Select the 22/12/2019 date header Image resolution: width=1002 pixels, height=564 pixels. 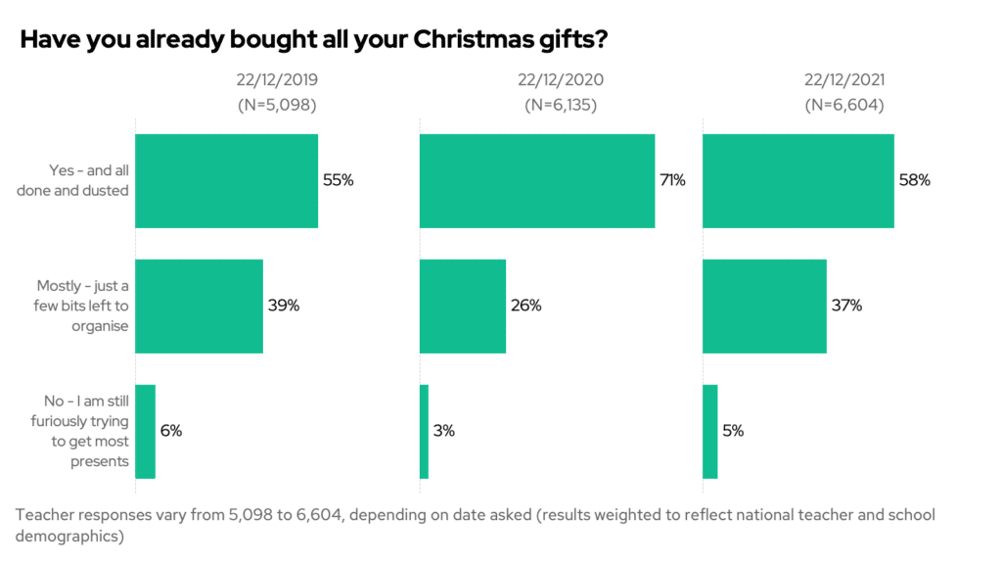pyautogui.click(x=277, y=80)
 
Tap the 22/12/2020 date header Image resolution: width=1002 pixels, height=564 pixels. pyautogui.click(x=560, y=80)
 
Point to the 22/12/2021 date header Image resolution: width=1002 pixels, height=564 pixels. pyautogui.click(x=844, y=80)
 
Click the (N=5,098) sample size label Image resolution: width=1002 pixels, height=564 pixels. pyautogui.click(x=277, y=105)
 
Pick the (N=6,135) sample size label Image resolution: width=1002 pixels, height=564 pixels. pyautogui.click(x=560, y=105)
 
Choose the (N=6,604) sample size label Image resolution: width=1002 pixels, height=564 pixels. pyautogui.click(x=844, y=105)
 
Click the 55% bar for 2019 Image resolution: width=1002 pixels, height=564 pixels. pyautogui.click(x=226, y=181)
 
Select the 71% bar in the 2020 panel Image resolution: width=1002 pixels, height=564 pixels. pyautogui.click(x=537, y=181)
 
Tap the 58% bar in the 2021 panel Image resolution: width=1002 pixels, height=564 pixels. pyautogui.click(x=798, y=181)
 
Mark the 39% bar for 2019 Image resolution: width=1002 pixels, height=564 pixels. pyautogui.click(x=199, y=305)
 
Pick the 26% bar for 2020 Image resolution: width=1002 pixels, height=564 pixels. pyautogui.click(x=463, y=305)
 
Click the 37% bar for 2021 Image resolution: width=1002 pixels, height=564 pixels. pyautogui.click(x=765, y=305)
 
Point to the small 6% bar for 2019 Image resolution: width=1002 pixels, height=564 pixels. pyautogui.click(x=145, y=431)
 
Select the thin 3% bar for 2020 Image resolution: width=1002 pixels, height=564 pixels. pyautogui.click(x=425, y=431)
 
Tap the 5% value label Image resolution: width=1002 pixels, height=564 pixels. pyautogui.click(x=733, y=431)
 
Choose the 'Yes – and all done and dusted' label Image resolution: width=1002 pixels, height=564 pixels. pyautogui.click(x=74, y=181)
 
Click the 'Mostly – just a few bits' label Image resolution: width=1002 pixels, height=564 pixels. pyautogui.click(x=82, y=305)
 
